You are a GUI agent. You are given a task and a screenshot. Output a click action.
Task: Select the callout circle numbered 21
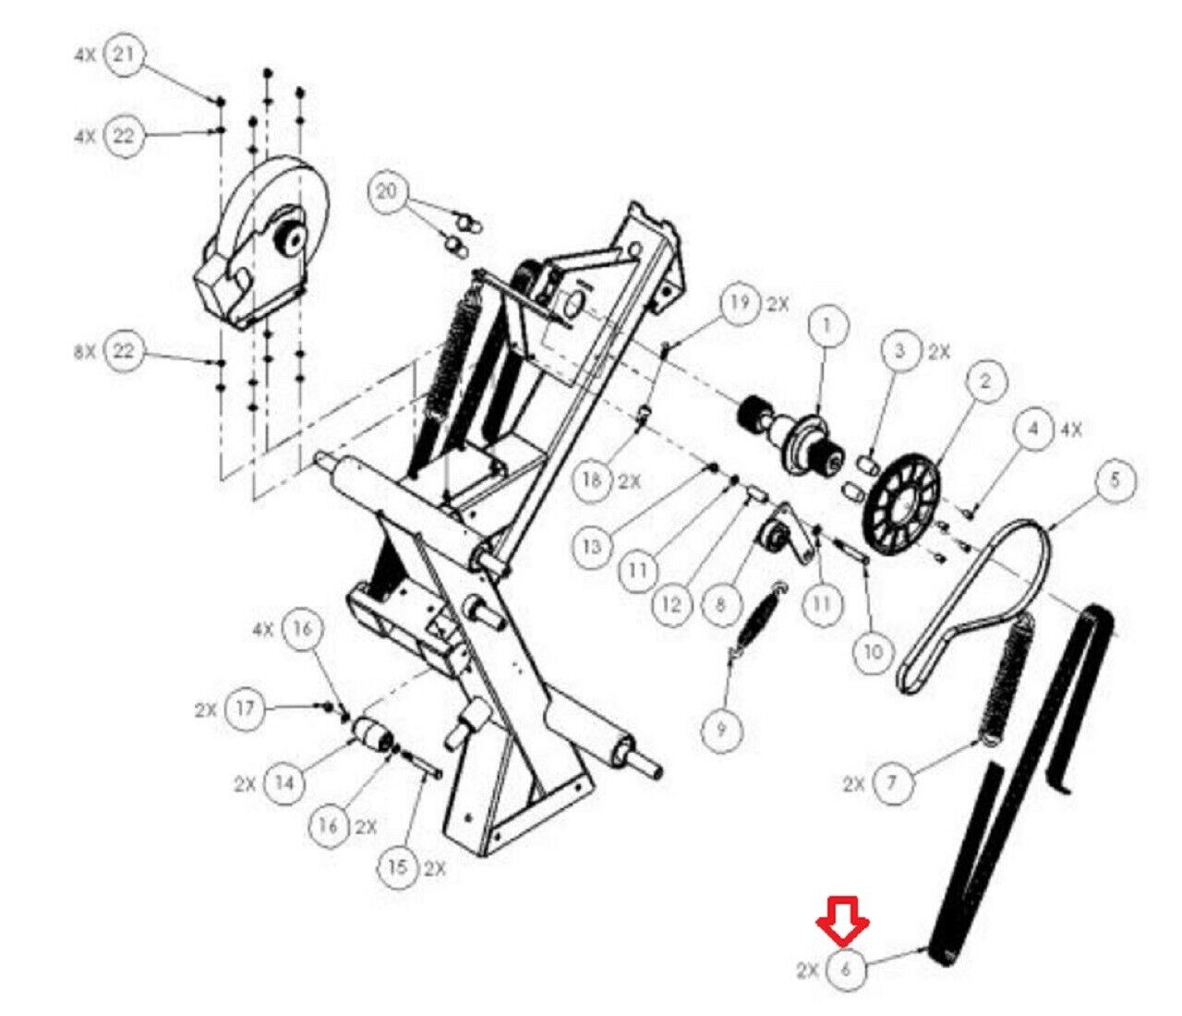coord(125,55)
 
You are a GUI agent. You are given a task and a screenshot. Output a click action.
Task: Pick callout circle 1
coord(826,326)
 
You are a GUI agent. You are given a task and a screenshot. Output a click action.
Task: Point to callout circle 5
coord(1115,480)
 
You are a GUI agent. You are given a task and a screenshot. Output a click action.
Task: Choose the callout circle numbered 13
coord(592,547)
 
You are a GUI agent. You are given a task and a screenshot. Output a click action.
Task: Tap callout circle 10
coord(872,651)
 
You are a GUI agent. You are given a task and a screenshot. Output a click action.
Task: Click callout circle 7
coord(894,782)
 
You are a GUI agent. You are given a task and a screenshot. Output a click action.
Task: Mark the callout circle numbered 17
coord(244,709)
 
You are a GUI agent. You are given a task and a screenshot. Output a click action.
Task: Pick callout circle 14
coord(284,783)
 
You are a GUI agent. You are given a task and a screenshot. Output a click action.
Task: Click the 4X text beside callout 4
coord(1071,429)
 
